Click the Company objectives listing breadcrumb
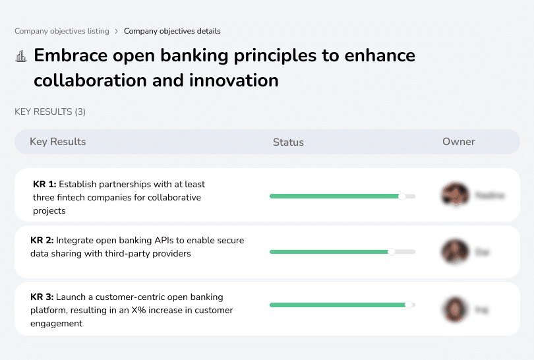pos(62,31)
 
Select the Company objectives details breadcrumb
pos(172,31)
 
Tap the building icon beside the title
pos(20,56)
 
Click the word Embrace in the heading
pos(72,55)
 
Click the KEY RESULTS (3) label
pos(50,111)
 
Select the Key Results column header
pos(58,142)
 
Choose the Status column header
pos(288,142)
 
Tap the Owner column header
pos(458,142)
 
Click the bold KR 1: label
pos(45,185)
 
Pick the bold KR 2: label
pos(43,241)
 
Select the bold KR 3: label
pos(43,297)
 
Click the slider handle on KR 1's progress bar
pos(402,196)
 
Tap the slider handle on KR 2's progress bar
pos(392,252)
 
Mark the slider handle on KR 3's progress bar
pos(409,305)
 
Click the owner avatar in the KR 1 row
pos(454,195)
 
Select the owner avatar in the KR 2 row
pos(454,251)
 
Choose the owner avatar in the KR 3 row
pos(454,309)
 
